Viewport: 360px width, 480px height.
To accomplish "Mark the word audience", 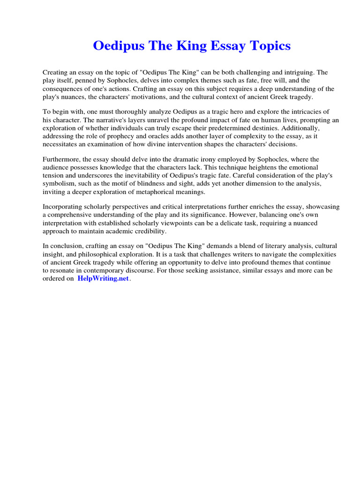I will pos(57,167).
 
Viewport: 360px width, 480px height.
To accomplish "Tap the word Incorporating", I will pos(65,207).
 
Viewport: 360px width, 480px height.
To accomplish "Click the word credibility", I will pos(146,231).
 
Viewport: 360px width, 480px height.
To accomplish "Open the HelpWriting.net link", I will pos(103,278).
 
